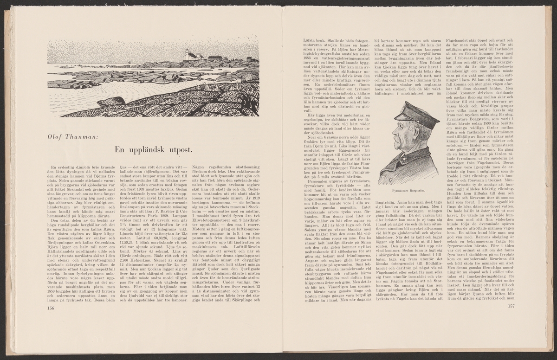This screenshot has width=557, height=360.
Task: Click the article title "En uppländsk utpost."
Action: [x=154, y=148]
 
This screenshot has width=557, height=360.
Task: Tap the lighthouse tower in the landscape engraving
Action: [x=187, y=54]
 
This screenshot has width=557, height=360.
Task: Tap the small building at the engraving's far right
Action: [x=251, y=59]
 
